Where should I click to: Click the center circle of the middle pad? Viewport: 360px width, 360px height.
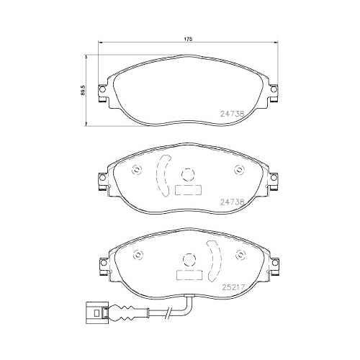[188, 174]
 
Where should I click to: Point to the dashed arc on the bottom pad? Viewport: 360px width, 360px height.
[214, 261]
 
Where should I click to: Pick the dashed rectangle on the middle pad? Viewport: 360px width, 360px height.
[188, 191]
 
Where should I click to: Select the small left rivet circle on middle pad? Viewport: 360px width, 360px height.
[137, 171]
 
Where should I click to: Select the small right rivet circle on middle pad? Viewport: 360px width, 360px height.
[240, 171]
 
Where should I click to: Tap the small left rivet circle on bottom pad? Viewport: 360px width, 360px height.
[137, 256]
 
